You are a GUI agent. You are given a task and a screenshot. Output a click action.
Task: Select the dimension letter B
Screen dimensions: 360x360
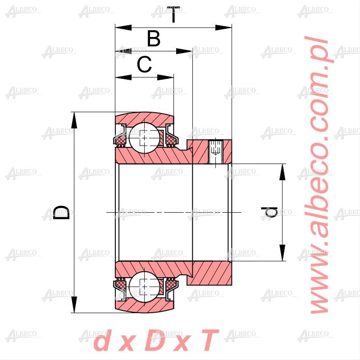point(154,39)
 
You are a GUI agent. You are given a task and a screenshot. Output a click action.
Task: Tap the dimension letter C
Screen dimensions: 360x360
point(144,65)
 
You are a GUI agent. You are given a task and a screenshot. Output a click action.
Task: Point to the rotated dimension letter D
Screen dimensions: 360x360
point(62,212)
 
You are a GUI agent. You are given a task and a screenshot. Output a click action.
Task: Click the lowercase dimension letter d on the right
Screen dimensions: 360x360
point(270,212)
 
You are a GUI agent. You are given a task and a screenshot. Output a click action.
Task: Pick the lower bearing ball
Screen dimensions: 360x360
point(144,287)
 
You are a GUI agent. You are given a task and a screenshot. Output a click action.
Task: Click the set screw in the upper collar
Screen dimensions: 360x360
point(215,152)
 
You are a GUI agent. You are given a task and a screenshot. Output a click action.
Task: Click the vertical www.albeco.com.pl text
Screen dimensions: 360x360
point(321,176)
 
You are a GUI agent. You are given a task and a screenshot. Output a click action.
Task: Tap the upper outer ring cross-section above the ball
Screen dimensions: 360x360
point(144,118)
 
